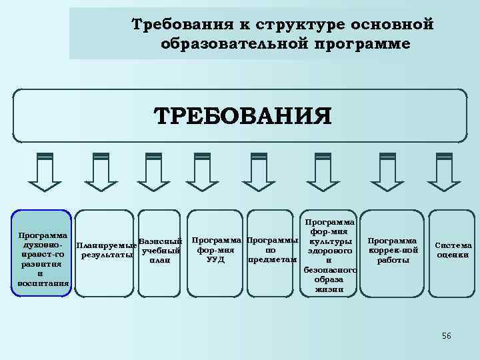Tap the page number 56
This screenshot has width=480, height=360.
[x=446, y=336]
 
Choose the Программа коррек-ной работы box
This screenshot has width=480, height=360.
[x=393, y=250]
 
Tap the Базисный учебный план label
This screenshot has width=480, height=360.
[x=160, y=250]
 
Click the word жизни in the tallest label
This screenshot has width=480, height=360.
[x=329, y=289]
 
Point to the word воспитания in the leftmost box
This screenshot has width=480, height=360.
[x=41, y=283]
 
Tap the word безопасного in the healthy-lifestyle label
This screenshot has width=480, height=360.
[x=329, y=270]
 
